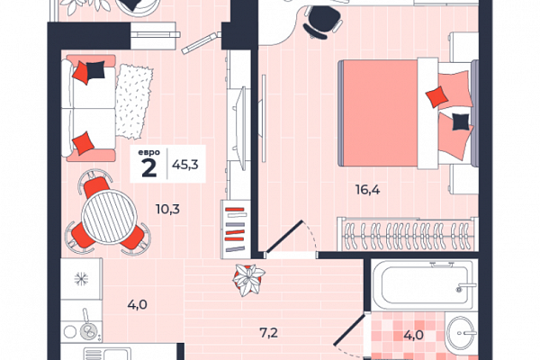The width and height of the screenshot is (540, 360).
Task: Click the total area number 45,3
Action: point(185,165)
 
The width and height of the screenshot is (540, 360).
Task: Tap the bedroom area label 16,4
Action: point(368,190)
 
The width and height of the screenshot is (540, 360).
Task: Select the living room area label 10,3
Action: point(167,209)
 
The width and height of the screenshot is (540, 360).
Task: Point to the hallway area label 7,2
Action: point(268,333)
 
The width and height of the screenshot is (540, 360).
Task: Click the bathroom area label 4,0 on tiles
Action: point(414,335)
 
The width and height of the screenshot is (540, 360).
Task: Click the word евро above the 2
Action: point(148,152)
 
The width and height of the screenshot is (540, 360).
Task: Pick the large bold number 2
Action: point(149,168)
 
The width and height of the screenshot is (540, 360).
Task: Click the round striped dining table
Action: point(110,217)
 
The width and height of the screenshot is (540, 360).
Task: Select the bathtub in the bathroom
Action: point(424,285)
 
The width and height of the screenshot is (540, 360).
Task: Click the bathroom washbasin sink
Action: point(461,333)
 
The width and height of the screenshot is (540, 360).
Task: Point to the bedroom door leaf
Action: point(284,238)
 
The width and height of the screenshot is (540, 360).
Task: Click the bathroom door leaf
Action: point(350,329)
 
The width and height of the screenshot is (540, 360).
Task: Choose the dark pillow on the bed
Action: point(461,122)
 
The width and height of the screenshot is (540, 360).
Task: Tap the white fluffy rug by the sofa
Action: point(134,102)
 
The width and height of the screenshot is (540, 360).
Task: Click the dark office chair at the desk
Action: point(321,22)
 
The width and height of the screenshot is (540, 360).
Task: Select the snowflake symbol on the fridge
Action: point(81,278)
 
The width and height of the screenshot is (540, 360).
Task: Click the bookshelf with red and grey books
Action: point(235,229)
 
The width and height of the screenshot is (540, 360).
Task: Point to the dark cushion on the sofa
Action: point(95,70)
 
